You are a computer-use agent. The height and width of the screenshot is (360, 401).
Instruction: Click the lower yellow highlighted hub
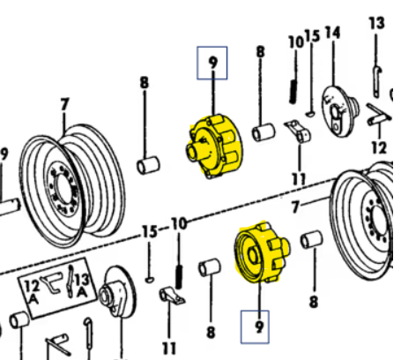coord(257,254)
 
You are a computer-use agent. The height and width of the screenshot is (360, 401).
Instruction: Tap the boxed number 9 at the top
coord(212,64)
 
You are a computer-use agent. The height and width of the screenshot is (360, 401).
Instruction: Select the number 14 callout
coord(332,34)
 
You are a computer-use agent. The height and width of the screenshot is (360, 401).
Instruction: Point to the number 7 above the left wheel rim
coord(64,104)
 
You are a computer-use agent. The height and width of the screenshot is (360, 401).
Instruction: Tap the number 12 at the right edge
coord(380,147)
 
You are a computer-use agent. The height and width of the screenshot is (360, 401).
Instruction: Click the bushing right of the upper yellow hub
coord(264,133)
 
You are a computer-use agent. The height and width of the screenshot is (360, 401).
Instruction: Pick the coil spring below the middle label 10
coord(180,262)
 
